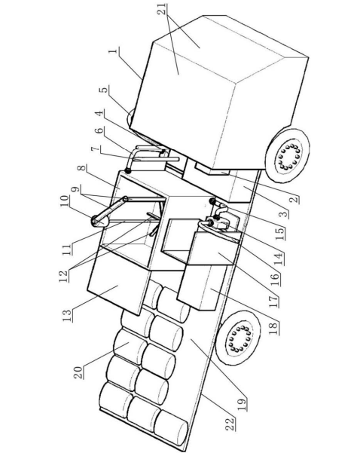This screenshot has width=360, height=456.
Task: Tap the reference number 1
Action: (113, 51)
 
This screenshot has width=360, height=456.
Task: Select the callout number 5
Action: (104, 90)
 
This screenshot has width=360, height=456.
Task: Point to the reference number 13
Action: (66, 316)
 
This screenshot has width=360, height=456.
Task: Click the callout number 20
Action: (78, 372)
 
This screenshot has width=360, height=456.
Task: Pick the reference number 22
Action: (230, 424)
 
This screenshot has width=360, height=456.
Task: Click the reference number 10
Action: (65, 201)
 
